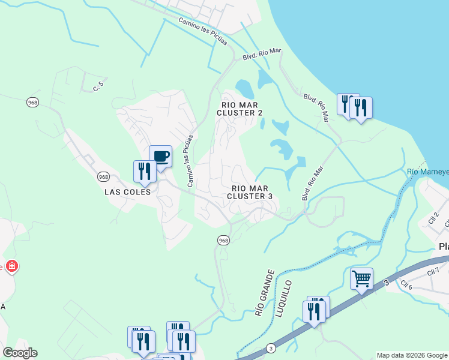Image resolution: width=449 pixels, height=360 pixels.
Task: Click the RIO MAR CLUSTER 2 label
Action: tap(240, 109)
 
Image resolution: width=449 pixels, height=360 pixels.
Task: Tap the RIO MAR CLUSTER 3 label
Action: tap(250, 192)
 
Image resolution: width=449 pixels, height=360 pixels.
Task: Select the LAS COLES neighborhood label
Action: tap(127, 192)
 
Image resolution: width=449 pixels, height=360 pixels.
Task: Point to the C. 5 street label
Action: tap(98, 86)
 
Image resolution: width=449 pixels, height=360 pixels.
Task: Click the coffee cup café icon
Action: tap(160, 157)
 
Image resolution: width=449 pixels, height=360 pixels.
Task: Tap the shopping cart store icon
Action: tap(361, 279)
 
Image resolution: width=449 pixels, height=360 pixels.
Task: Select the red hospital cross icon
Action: tap(11, 266)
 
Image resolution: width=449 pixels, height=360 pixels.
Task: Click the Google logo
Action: tap(20, 353)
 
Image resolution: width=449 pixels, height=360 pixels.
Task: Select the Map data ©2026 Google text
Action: tap(411, 355)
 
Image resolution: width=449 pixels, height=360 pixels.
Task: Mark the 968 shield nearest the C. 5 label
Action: tap(32, 102)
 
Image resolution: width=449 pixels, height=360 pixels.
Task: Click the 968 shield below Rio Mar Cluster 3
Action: tap(223, 240)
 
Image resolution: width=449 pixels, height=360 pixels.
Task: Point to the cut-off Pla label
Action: tap(444, 247)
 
